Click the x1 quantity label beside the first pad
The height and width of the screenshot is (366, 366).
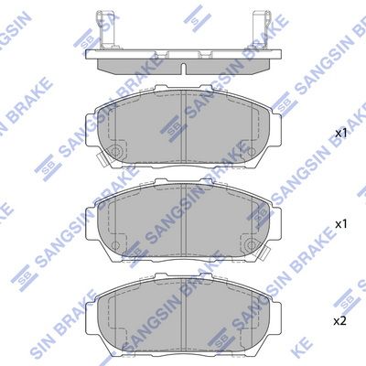click(340, 134)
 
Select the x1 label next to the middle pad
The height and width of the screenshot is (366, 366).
click(340, 225)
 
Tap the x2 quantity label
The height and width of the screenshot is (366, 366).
click(339, 321)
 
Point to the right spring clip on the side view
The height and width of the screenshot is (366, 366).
click(262, 30)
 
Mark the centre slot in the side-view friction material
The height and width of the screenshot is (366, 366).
click(183, 69)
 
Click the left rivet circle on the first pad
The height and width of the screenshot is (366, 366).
click(115, 151)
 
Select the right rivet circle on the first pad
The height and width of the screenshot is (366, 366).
click(251, 151)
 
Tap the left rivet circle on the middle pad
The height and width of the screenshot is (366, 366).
click(115, 244)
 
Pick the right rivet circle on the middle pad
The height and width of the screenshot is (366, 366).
click(251, 244)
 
